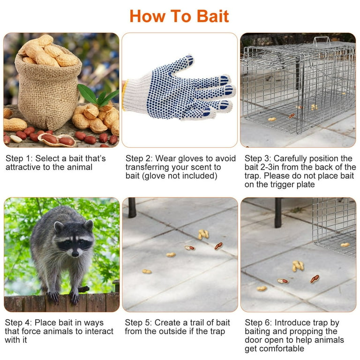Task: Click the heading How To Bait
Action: click(x=180, y=16)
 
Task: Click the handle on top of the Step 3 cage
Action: click(x=322, y=40)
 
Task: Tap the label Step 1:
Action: click(x=19, y=158)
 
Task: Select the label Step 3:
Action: click(x=258, y=158)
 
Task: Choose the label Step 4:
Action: click(x=18, y=322)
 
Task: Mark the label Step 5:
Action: click(x=138, y=322)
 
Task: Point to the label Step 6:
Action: click(x=258, y=322)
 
